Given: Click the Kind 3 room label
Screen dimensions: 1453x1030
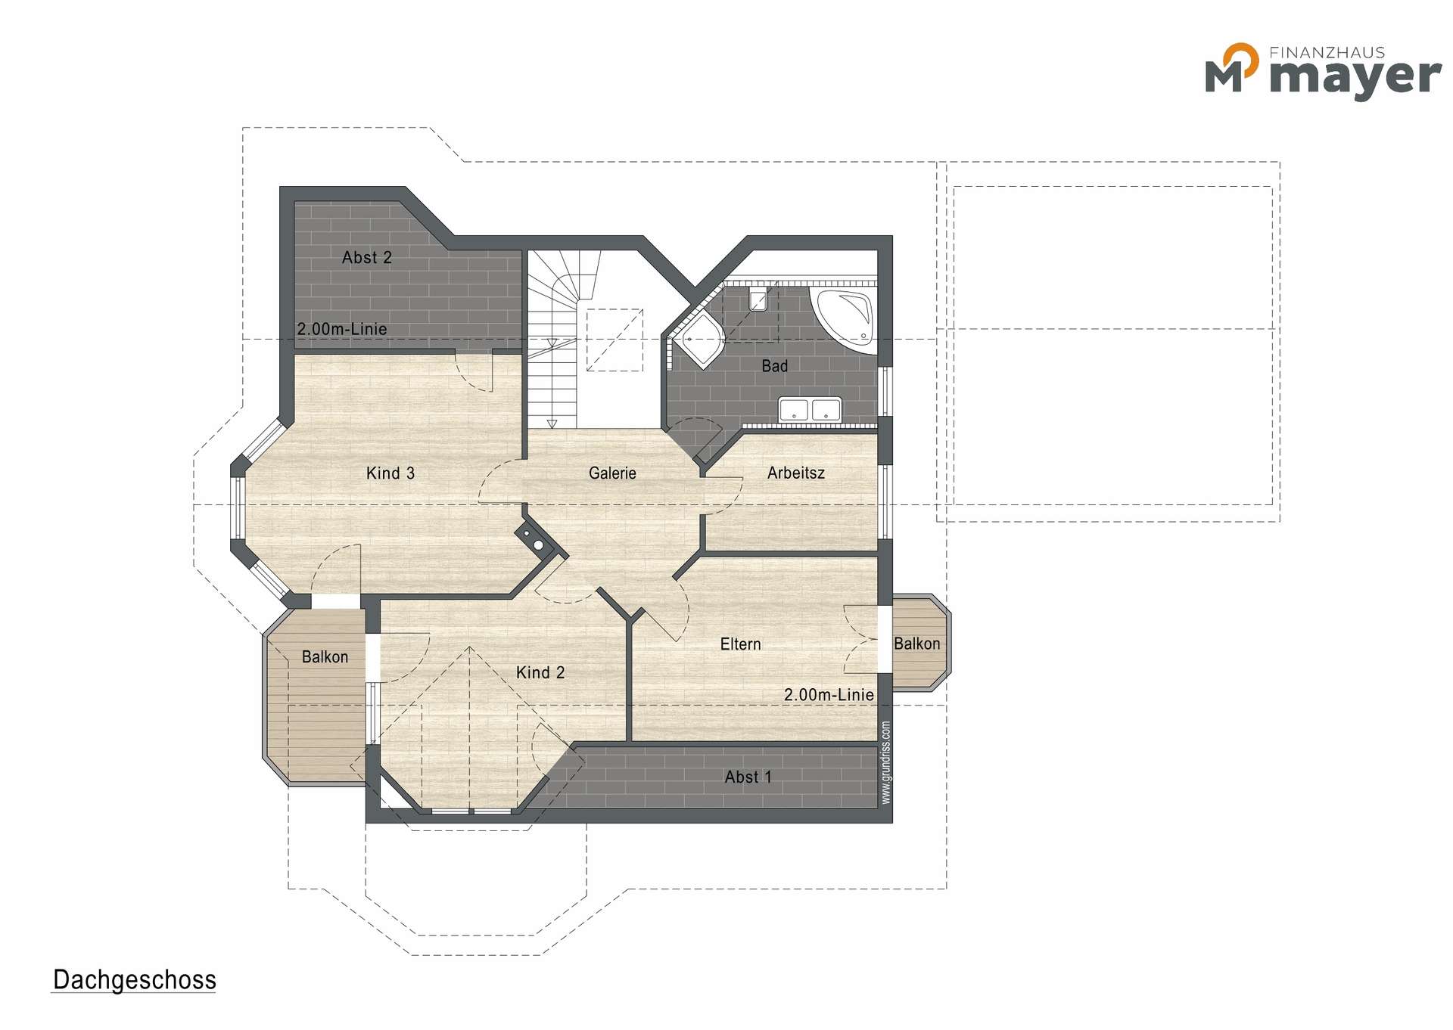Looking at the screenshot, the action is (390, 473).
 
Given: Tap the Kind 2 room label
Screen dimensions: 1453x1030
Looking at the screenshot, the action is (540, 672).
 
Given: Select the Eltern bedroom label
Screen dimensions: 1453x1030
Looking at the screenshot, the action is (740, 644).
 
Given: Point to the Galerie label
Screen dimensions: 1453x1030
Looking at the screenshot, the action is (612, 473).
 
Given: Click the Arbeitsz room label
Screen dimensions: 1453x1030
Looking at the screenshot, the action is (796, 473).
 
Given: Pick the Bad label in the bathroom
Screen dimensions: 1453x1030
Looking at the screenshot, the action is (774, 366).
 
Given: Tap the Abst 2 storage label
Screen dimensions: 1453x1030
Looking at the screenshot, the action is (367, 258).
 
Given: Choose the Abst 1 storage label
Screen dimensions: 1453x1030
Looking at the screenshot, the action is (748, 777).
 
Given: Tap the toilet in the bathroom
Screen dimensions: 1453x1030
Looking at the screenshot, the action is (758, 299).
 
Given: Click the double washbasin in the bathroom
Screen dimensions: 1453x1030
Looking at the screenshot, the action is (810, 409).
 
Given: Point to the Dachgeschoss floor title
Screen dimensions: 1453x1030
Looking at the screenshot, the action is (135, 980).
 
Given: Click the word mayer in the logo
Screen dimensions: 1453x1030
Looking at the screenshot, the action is (1355, 76).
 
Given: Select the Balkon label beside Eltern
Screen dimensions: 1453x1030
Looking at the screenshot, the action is (916, 644).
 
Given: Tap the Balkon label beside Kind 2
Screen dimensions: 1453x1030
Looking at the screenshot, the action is (325, 657).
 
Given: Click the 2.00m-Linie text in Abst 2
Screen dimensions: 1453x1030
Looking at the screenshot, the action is (342, 329).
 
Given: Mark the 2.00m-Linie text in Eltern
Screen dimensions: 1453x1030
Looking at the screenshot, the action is (829, 695).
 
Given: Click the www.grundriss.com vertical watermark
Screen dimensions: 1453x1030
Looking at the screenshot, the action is (886, 762).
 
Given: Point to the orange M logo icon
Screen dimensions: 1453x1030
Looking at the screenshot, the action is (1232, 67).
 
